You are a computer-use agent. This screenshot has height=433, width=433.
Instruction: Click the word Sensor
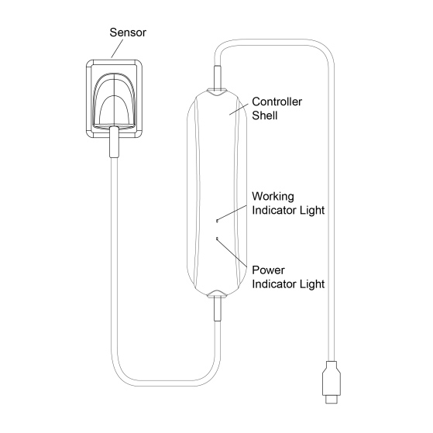point(128,33)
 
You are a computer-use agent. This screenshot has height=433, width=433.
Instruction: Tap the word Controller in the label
point(277,101)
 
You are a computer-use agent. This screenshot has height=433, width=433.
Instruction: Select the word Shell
point(265,115)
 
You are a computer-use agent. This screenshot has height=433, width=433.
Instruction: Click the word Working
point(273,196)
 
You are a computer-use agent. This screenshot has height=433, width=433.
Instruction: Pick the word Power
point(268,270)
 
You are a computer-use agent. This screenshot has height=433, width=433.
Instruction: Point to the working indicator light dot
point(218,220)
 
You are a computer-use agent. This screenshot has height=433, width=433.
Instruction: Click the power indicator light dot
point(218,238)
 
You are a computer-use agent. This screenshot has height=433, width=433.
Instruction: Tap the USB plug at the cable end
point(332,382)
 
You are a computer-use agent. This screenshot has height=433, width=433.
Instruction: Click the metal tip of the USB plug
point(332,400)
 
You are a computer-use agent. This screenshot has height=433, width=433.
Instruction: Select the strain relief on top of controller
point(217,77)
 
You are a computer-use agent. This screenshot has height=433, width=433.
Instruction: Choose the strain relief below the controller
point(218,309)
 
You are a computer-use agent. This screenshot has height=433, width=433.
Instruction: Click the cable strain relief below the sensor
point(114,143)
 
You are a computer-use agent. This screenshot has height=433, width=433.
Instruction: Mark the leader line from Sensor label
point(117,49)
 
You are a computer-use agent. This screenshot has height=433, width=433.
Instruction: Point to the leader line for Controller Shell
point(239,109)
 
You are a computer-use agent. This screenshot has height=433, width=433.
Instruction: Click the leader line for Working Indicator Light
point(232,213)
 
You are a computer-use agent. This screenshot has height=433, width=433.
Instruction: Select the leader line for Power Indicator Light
point(232,253)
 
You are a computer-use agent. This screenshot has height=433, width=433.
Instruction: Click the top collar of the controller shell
point(217,92)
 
